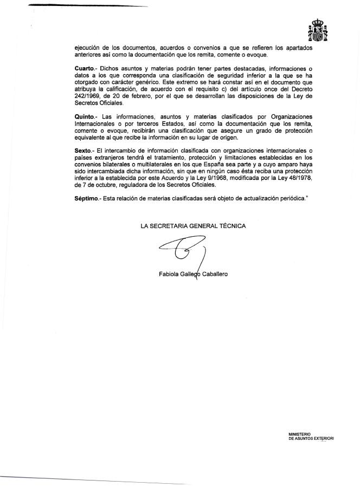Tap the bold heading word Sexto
(85, 150)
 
